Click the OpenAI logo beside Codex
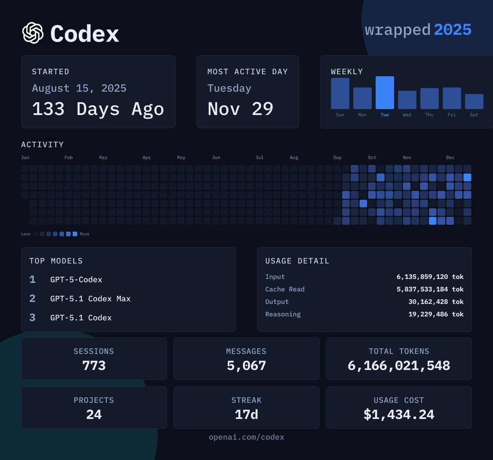tap(33, 33)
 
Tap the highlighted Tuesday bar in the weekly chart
tap(385, 93)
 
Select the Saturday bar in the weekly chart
tap(474, 101)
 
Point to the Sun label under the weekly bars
tap(340, 115)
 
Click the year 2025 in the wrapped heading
tap(452, 30)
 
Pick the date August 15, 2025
tap(79, 88)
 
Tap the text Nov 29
tap(240, 109)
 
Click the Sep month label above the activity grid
tap(337, 158)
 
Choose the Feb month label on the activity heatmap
tap(69, 158)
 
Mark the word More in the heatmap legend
tap(84, 234)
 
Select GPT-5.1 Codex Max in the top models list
tap(90, 299)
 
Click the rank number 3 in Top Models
tap(32, 317)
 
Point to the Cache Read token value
tap(430, 289)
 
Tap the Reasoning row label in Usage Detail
tap(283, 314)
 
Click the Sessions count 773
tap(94, 365)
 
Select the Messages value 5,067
tap(246, 365)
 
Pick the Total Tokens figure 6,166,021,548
tap(399, 365)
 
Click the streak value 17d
tap(246, 414)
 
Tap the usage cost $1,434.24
tap(399, 414)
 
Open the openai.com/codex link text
tap(246, 437)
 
